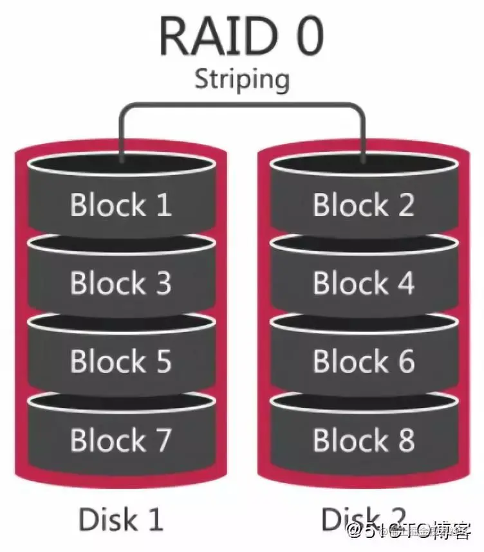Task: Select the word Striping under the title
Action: pyautogui.click(x=242, y=80)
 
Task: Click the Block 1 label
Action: pyautogui.click(x=120, y=205)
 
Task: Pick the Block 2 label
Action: pyautogui.click(x=363, y=205)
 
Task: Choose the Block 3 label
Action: pyautogui.click(x=120, y=283)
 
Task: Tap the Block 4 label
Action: pyautogui.click(x=363, y=283)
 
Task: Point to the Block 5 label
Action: pyautogui.click(x=120, y=362)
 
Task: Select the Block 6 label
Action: pyautogui.click(x=363, y=362)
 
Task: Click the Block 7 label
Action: pyautogui.click(x=120, y=440)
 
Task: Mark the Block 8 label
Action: pyautogui.click(x=363, y=440)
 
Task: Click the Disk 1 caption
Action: pyautogui.click(x=120, y=519)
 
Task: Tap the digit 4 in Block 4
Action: pyautogui.click(x=403, y=283)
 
